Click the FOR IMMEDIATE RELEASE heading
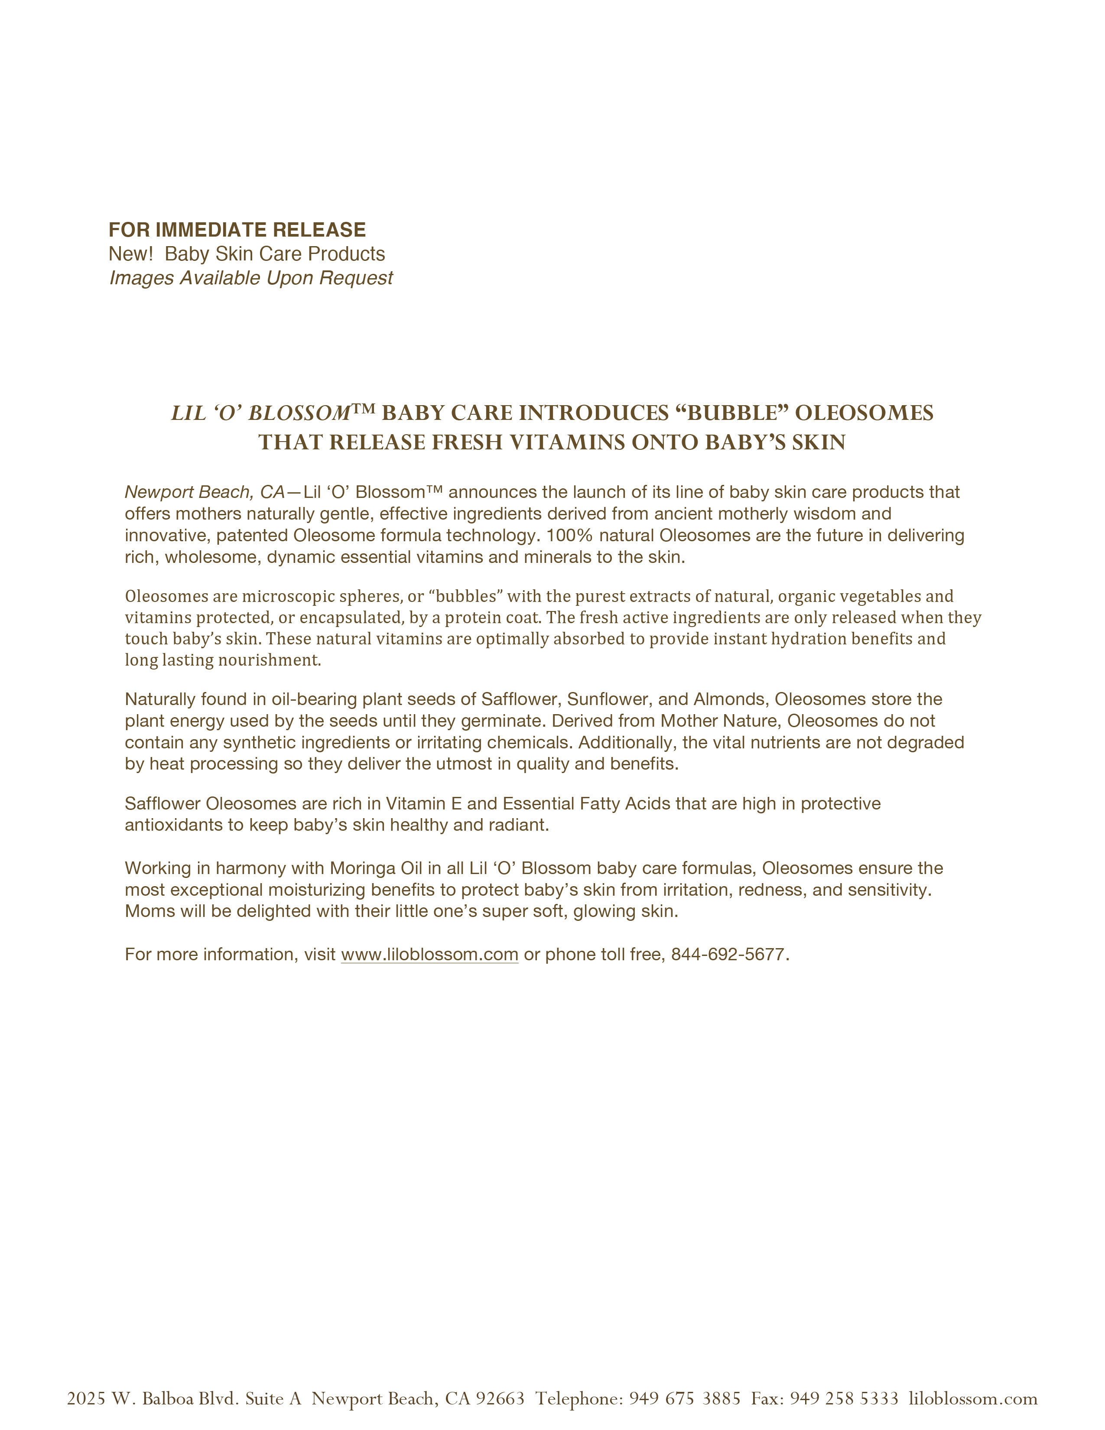[x=237, y=230]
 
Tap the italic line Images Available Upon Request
[x=251, y=278]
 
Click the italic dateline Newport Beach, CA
[x=204, y=492]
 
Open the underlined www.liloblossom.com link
[x=429, y=955]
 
